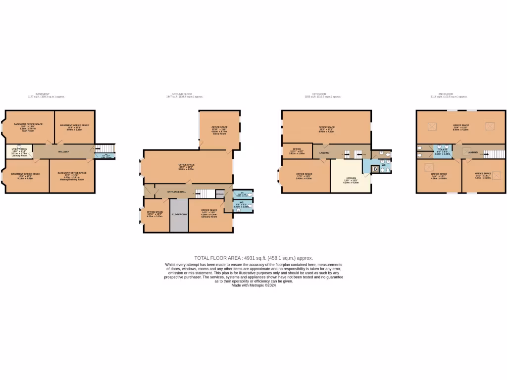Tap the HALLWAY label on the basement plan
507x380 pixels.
63,151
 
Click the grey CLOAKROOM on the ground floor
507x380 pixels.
179,215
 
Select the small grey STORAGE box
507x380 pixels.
219,194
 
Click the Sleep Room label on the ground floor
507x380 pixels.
219,134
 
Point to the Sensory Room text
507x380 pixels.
208,217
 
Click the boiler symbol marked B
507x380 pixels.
374,170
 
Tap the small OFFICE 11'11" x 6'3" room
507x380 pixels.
297,151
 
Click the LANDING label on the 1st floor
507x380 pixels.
324,153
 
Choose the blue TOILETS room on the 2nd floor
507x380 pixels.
442,151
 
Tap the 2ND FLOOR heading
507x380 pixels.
446,94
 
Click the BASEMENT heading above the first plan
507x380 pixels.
43,94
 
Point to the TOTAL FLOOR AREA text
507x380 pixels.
253,258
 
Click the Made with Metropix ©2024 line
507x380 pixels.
253,285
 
